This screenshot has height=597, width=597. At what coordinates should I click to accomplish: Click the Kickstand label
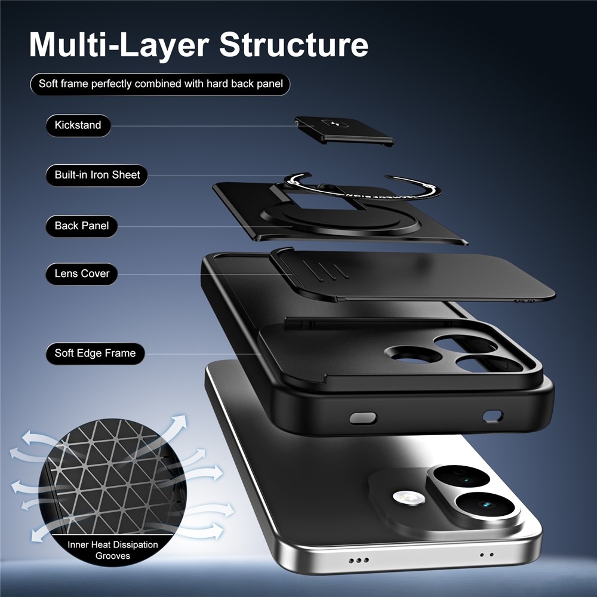(x=78, y=125)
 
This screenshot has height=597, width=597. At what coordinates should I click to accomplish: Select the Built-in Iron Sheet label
(x=97, y=175)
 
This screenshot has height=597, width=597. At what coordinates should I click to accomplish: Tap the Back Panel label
(x=81, y=226)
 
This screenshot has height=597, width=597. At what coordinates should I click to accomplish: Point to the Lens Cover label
(x=81, y=274)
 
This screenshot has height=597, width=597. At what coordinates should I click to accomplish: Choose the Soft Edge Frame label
(x=95, y=353)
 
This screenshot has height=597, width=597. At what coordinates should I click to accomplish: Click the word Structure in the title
(x=294, y=45)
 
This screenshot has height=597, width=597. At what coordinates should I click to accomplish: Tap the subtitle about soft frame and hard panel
(x=160, y=84)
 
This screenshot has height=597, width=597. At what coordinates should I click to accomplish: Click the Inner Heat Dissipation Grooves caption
(x=113, y=550)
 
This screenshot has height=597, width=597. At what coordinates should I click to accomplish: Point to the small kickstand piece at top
(x=344, y=131)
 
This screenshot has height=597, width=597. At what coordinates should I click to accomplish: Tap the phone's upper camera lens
(x=461, y=476)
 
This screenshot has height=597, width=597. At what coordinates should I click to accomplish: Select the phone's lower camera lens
(x=485, y=505)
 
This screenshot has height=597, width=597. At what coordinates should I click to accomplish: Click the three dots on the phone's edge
(x=359, y=560)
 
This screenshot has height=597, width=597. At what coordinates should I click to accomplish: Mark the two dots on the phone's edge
(x=487, y=555)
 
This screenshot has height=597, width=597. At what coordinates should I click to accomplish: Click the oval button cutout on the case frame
(x=363, y=418)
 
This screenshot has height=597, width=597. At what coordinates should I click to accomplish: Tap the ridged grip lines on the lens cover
(x=326, y=270)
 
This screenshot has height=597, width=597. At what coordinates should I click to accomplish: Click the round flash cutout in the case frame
(x=413, y=354)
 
